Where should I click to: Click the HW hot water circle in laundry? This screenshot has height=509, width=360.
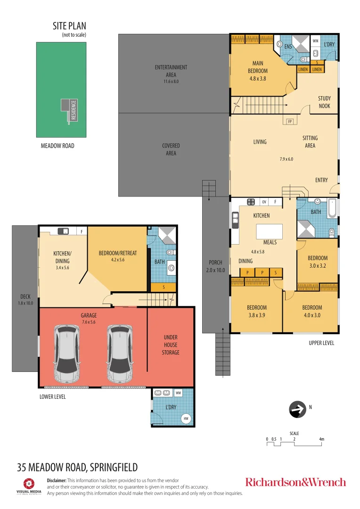coord(186,418)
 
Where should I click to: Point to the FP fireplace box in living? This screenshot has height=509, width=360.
coord(290,122)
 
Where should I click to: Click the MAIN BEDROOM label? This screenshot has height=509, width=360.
coord(258,71)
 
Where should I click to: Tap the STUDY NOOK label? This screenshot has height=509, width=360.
coord(324,102)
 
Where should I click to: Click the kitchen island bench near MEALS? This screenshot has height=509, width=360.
coord(270,231)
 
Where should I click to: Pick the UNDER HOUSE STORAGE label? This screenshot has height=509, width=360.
coord(171,345)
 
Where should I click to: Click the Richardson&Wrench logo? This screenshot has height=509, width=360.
coord(295,482)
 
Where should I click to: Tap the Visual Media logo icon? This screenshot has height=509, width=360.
coord(29,483)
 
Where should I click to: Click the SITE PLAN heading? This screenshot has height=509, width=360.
coord(69,26)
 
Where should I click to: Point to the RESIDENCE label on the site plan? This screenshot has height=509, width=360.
coord(73,110)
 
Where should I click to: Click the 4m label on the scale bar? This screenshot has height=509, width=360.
coord(321,439)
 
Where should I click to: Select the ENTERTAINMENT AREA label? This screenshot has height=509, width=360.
coord(171,71)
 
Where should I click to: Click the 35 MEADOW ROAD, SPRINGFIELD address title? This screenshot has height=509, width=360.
coord(77,468)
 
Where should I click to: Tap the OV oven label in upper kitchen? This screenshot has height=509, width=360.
coord(264,202)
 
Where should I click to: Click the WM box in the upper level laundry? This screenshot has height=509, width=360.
coord(316,41)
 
